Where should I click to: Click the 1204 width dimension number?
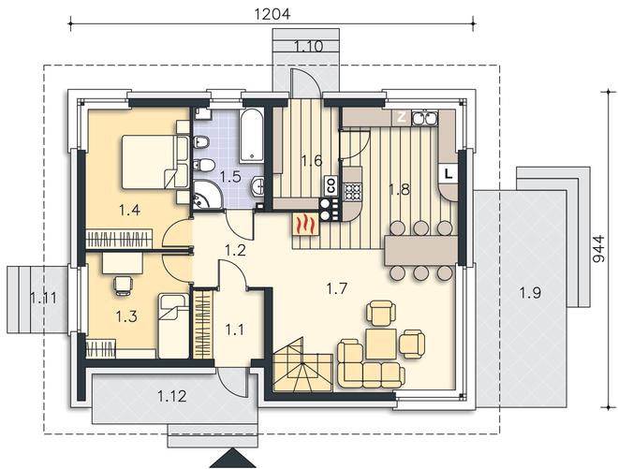tap(272, 14)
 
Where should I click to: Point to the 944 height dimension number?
tap(598, 249)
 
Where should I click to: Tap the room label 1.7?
tap(336, 289)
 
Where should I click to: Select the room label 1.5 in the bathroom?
tap(230, 176)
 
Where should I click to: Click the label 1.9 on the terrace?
tap(530, 293)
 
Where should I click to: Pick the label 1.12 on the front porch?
tap(172, 396)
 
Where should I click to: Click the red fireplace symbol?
tap(305, 226)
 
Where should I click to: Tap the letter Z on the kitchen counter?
tap(401, 117)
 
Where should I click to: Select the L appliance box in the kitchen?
tap(449, 173)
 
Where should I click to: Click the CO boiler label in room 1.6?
tap(331, 185)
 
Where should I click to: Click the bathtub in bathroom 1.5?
tap(252, 136)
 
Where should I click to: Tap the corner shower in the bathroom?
tap(208, 195)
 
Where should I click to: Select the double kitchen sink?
tap(424, 118)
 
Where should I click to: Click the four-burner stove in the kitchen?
tap(353, 192)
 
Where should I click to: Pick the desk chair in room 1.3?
tap(123, 285)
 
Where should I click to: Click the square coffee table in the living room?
tap(381, 344)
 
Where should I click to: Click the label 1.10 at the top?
tap(309, 46)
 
